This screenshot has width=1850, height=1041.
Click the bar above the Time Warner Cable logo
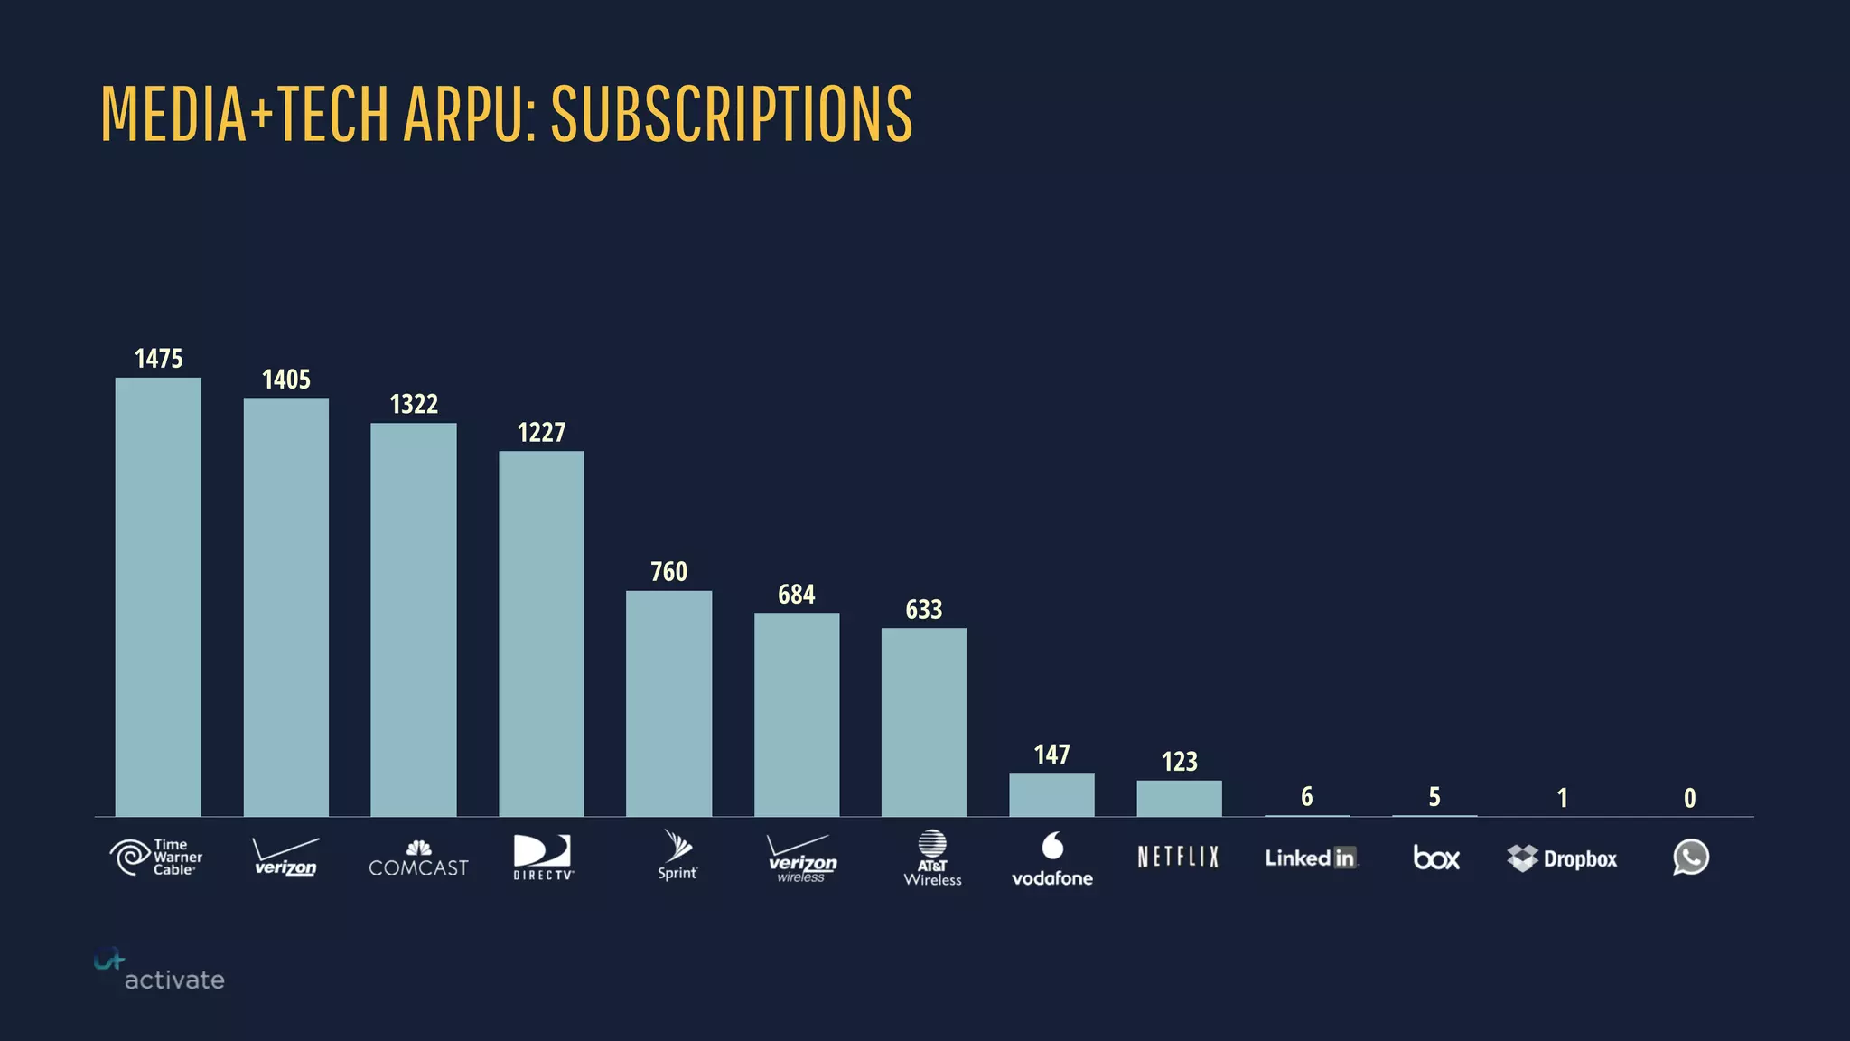[x=158, y=596]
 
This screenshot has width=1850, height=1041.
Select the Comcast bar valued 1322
[x=414, y=620]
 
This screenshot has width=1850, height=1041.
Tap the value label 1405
[x=285, y=380]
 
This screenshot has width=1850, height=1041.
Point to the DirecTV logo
[x=543, y=857]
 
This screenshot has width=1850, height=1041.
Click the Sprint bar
[x=668, y=703]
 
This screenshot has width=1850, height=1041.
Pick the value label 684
[x=796, y=595]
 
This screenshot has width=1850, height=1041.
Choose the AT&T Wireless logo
[x=932, y=858]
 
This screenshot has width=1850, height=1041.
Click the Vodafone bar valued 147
[x=1051, y=794]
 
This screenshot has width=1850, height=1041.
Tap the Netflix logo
[x=1178, y=857]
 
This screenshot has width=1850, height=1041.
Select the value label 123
[x=1179, y=762]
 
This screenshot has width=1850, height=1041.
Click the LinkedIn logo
[x=1310, y=858]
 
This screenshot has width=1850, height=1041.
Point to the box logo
[x=1435, y=858]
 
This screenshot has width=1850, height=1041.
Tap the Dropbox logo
[x=1562, y=858]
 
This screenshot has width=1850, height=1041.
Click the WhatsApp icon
[x=1690, y=857]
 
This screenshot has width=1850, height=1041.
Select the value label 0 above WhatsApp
[x=1689, y=798]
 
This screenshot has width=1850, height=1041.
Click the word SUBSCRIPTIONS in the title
[x=732, y=114]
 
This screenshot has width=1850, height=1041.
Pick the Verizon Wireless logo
[x=801, y=858]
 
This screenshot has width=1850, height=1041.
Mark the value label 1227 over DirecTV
[x=541, y=433]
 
